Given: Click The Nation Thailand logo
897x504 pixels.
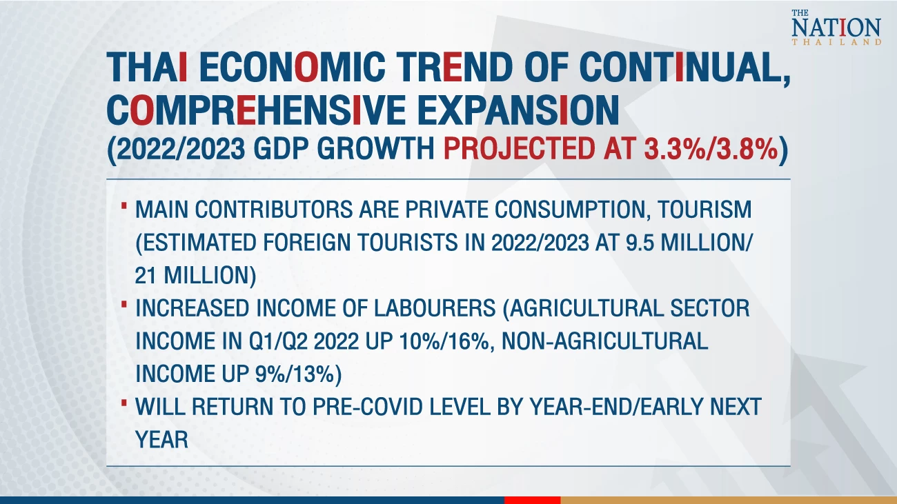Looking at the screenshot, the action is (x=836, y=27).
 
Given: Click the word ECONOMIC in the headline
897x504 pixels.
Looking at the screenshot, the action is (x=292, y=67).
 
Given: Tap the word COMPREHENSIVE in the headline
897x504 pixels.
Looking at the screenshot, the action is (x=256, y=110).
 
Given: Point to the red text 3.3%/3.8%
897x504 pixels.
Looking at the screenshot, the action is (x=711, y=149).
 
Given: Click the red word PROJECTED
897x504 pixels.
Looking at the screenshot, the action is (x=519, y=149).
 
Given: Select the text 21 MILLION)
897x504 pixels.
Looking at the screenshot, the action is (x=195, y=276).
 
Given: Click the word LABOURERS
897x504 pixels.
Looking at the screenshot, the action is (x=435, y=308).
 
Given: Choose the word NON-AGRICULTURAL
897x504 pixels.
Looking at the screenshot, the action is (x=604, y=341).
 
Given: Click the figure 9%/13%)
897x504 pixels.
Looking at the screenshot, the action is (x=298, y=374).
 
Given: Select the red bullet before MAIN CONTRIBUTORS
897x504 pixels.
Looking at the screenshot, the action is (x=124, y=205).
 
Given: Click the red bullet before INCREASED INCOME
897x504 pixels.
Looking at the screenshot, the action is (x=124, y=305).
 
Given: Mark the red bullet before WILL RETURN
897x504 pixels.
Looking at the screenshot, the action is (x=124, y=403).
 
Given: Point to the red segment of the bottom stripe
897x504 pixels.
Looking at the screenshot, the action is (x=532, y=500).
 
